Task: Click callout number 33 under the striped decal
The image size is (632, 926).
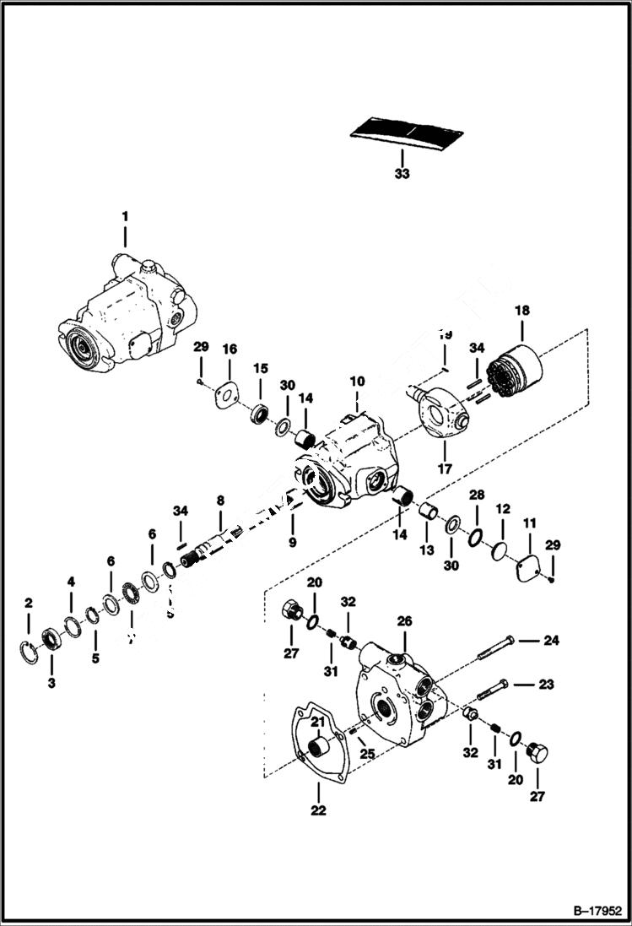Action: (x=402, y=174)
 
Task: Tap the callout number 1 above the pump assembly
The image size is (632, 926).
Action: (x=125, y=217)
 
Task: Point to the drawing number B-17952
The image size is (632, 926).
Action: (x=596, y=912)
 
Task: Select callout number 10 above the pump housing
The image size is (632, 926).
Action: (x=357, y=382)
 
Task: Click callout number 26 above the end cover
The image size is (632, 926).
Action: (x=404, y=621)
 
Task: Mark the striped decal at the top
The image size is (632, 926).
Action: (x=408, y=131)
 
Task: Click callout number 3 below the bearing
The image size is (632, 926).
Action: (x=51, y=682)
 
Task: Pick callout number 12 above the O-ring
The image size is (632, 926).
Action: (x=503, y=510)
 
